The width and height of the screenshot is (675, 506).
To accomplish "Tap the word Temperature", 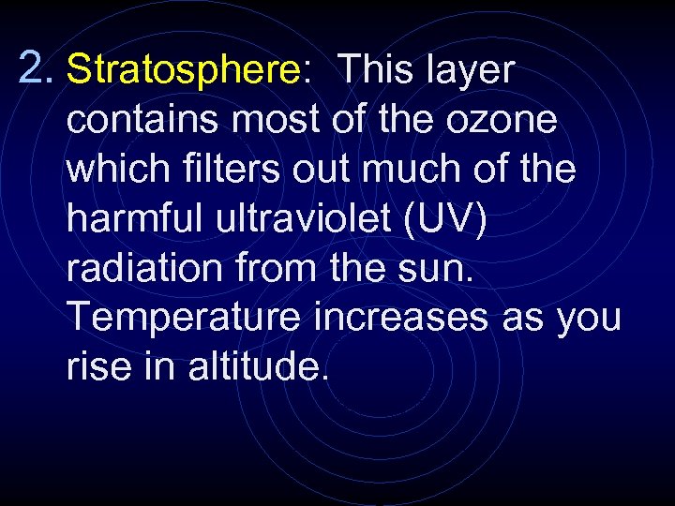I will point(182,319).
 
